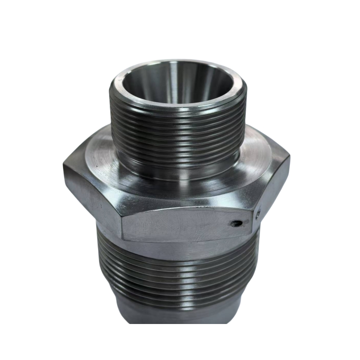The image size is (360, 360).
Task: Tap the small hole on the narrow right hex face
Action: point(258,215)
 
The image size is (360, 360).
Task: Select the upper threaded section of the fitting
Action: point(178,131)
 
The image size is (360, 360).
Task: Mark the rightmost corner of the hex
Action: point(290,157)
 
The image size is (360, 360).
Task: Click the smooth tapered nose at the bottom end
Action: point(176,313)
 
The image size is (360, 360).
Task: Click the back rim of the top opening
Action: point(176,62)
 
